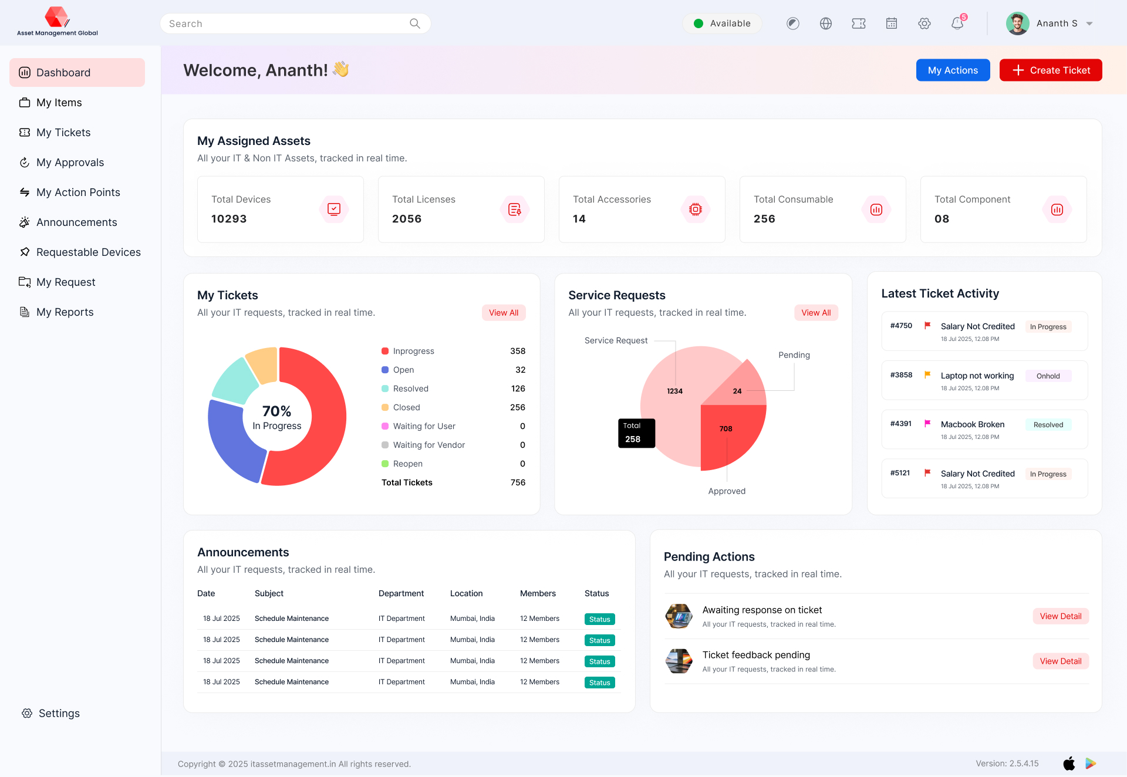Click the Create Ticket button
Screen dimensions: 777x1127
click(x=1050, y=70)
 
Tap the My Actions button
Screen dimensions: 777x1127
click(x=953, y=70)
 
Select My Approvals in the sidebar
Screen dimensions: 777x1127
click(x=70, y=163)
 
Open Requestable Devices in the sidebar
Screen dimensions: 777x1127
click(x=88, y=252)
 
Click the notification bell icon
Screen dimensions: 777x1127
click(x=957, y=23)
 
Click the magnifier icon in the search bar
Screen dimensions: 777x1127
click(x=415, y=23)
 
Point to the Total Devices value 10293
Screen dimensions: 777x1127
click(x=229, y=219)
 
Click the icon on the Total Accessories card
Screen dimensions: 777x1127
click(x=696, y=210)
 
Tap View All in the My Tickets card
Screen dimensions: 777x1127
click(x=504, y=313)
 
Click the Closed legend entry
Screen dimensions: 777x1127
click(x=406, y=407)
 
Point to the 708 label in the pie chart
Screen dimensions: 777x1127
click(x=726, y=429)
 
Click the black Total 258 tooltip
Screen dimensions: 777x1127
click(x=636, y=433)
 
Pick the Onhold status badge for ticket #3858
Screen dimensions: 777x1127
click(x=1048, y=376)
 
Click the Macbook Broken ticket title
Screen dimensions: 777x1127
click(x=972, y=424)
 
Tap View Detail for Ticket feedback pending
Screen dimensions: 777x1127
click(x=1060, y=661)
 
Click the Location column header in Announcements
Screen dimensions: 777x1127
click(x=466, y=593)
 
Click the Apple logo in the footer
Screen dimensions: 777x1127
click(x=1069, y=764)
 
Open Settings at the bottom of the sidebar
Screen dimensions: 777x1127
click(x=59, y=714)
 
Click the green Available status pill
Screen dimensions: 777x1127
click(x=722, y=23)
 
